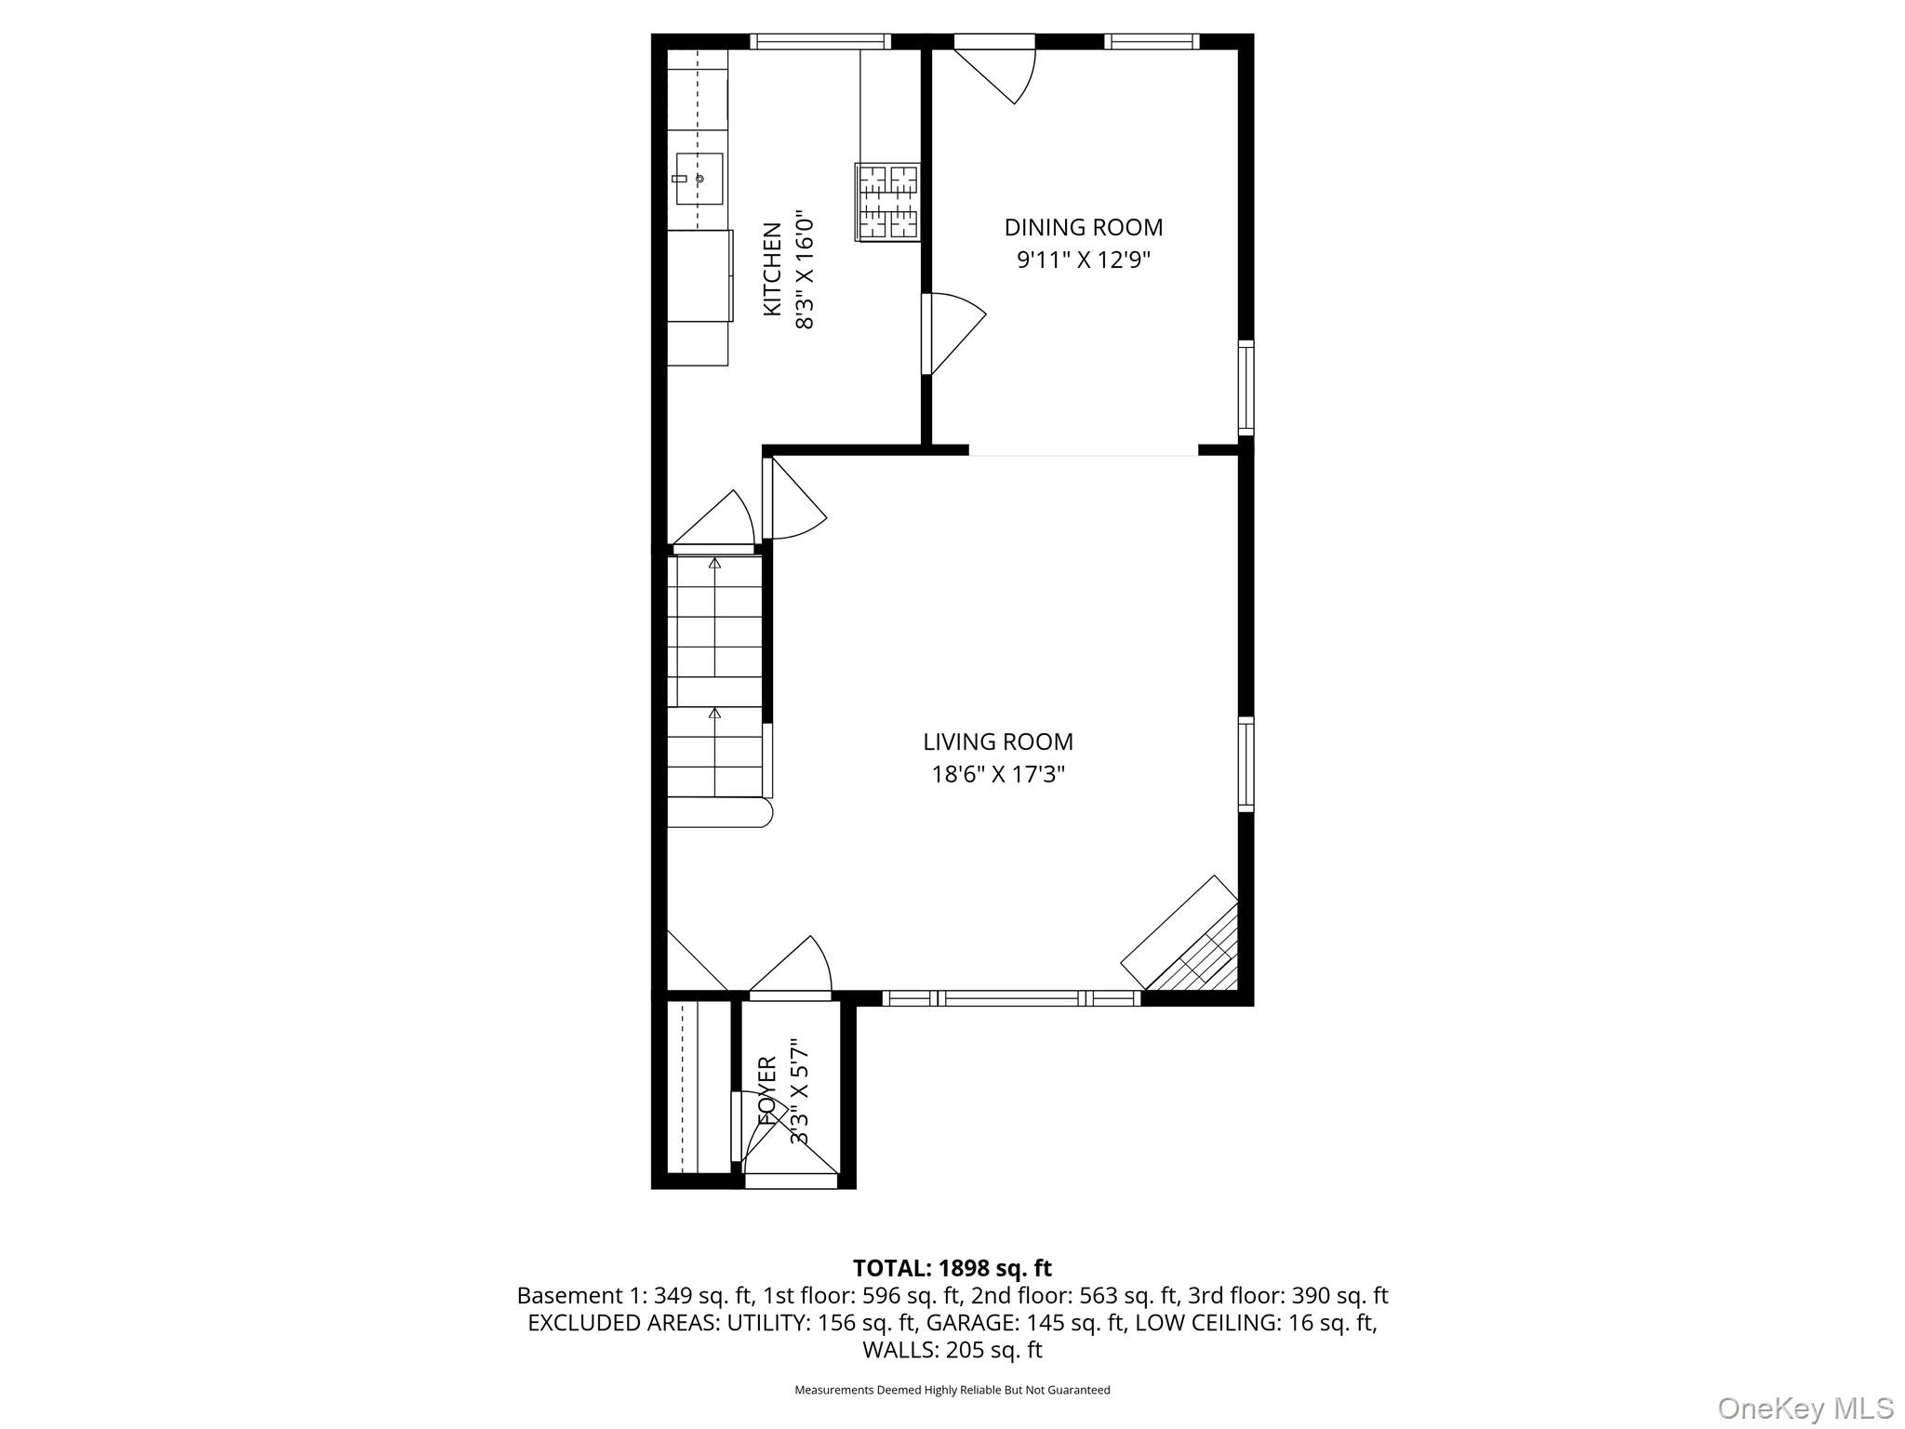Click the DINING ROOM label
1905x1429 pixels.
[1084, 227]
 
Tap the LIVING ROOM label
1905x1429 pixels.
[998, 741]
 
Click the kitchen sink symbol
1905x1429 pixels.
[699, 179]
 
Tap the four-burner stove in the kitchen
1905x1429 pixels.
[887, 204]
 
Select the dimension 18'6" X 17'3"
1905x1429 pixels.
[998, 774]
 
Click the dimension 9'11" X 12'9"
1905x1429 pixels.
[1084, 259]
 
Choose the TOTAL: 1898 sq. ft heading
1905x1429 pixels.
[952, 1268]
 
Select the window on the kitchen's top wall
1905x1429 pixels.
[820, 41]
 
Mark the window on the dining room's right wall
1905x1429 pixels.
[1246, 387]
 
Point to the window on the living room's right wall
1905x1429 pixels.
[1246, 764]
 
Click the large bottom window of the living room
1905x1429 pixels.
[1011, 998]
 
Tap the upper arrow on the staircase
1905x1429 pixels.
[714, 564]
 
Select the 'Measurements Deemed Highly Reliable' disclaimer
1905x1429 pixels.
[952, 1390]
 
